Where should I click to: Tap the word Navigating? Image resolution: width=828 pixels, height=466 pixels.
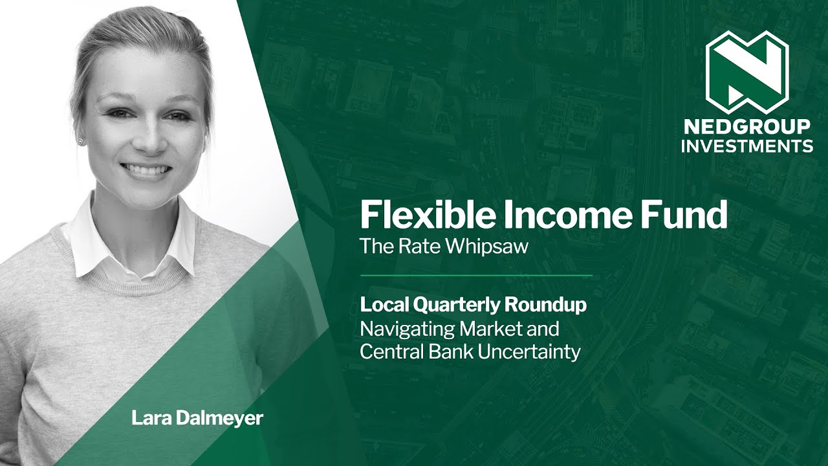[407, 329]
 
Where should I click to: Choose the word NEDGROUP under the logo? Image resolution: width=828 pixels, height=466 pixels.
[746, 126]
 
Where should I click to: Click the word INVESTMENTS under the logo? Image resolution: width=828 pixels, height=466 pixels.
[746, 146]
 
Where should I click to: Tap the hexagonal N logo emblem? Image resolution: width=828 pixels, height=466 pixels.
[746, 71]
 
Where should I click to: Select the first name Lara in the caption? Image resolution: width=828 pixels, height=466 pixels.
[146, 418]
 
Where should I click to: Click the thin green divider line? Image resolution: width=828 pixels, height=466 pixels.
[475, 276]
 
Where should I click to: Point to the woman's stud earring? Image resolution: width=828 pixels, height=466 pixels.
[80, 140]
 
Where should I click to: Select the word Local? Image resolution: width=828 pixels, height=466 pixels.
[381, 305]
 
